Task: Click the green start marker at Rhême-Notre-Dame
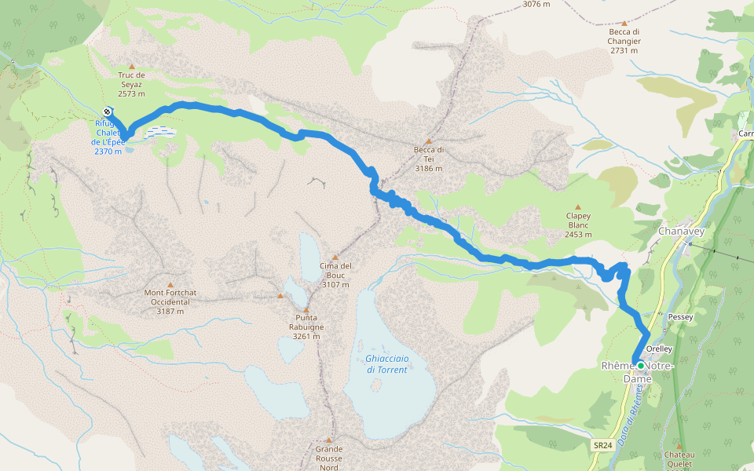pos(641,366)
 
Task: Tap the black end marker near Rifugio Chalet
pos(107,111)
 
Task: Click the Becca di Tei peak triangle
pos(428,141)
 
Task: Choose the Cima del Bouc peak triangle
pos(335,257)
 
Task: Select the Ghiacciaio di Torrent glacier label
pos(386,364)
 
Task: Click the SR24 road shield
pos(602,445)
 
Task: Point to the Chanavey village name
pos(681,232)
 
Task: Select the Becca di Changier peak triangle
pos(624,24)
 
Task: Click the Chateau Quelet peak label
pos(679,459)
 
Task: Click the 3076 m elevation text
pos(536,4)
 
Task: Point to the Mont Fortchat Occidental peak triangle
pos(170,285)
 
